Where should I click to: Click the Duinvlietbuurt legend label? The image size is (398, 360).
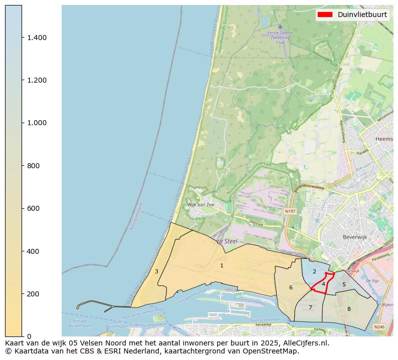[362, 15]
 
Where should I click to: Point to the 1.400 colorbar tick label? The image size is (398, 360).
[37, 38]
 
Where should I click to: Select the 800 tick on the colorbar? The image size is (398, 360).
[33, 166]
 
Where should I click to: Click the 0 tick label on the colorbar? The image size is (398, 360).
[28, 336]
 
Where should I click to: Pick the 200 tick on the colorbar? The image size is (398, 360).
[33, 294]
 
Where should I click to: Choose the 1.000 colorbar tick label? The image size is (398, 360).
[37, 123]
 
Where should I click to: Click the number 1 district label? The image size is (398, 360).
[222, 265]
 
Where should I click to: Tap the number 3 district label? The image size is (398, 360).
[156, 271]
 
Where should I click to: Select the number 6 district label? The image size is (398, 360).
[291, 287]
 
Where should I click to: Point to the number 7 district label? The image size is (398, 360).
[310, 307]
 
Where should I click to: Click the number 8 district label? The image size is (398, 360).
[349, 309]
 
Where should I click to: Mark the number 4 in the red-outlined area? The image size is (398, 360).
[323, 284]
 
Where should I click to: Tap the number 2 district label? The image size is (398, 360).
[314, 271]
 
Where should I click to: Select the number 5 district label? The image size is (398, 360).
[344, 284]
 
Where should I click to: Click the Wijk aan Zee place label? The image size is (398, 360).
[201, 205]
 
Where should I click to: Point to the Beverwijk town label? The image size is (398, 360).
[355, 237]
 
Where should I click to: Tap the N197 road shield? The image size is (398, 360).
[290, 211]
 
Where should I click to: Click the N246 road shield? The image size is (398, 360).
[379, 326]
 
